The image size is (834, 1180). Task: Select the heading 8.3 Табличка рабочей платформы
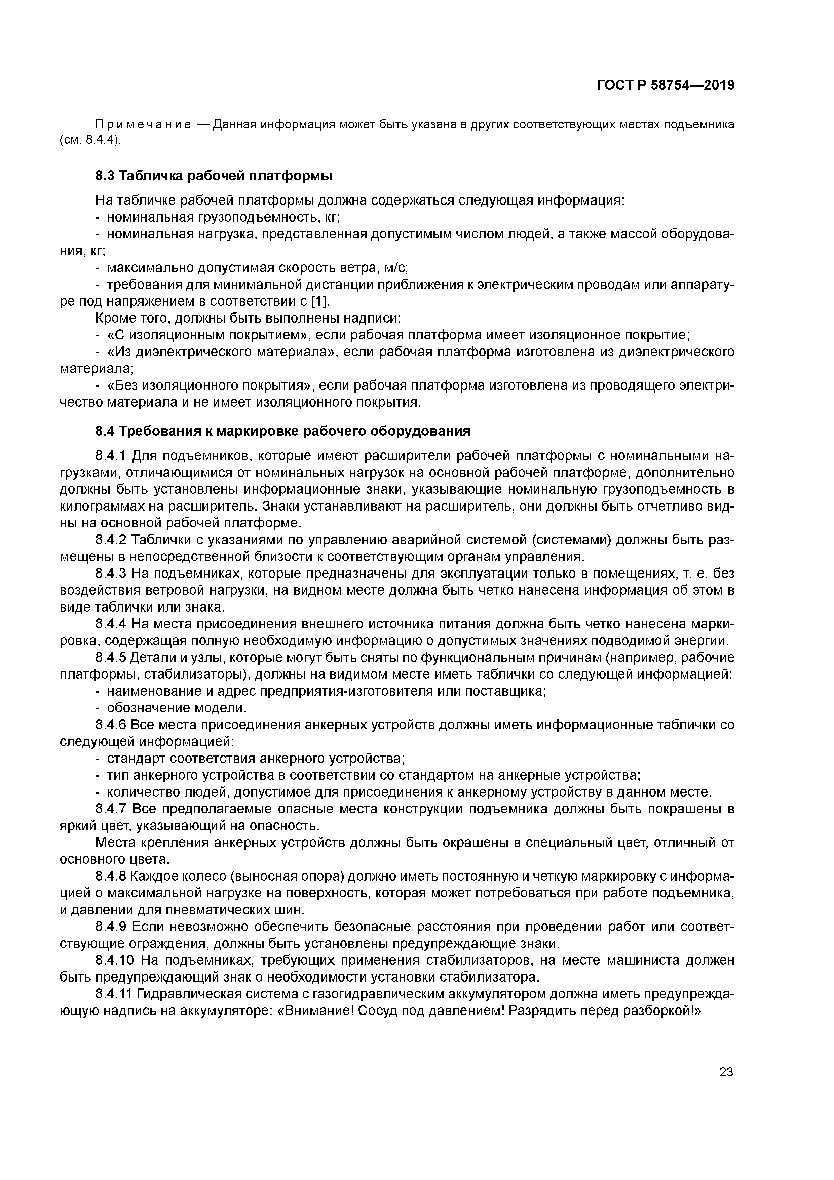point(214,176)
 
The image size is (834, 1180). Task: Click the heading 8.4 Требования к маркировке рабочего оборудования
point(282,431)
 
